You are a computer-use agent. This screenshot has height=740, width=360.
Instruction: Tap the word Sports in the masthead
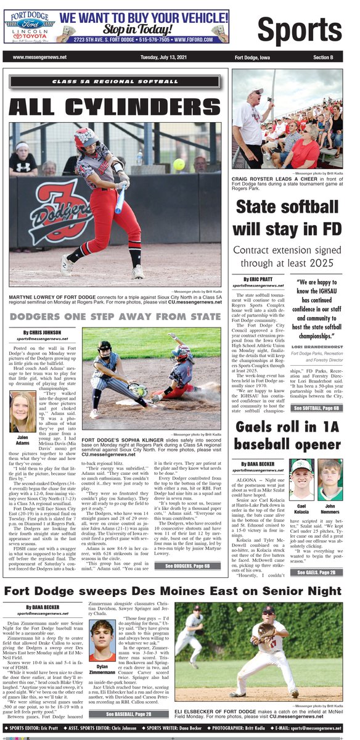[300, 30]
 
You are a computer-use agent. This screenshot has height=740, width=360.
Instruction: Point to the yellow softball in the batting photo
[178, 164]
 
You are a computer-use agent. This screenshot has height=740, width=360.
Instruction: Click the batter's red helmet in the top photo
[86, 139]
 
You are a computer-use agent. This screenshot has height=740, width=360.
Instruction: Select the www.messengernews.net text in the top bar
[38, 57]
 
